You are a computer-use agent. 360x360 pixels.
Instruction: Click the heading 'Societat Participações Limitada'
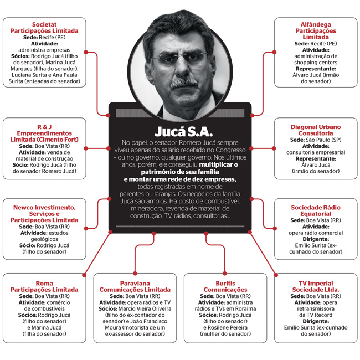[44, 28]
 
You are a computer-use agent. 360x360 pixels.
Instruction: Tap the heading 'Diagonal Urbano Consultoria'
[316, 130]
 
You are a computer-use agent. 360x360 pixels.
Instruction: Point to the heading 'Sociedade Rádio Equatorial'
[316, 210]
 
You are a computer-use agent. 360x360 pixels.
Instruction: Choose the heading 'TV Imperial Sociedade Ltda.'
[316, 286]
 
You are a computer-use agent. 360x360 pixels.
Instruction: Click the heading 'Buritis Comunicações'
[225, 286]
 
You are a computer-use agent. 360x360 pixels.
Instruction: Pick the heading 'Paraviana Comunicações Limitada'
[135, 286]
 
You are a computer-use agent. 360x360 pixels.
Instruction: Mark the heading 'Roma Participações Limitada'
[44, 286]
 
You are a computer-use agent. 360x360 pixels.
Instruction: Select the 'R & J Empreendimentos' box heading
[44, 133]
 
